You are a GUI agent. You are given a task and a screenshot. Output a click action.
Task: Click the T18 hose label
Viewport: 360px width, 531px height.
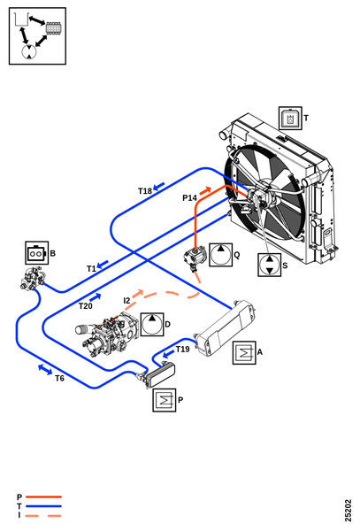[145, 191]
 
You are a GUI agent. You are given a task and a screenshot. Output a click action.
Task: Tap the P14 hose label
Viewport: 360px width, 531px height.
[189, 197]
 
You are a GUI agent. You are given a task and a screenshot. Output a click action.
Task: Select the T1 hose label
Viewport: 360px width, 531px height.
[91, 269]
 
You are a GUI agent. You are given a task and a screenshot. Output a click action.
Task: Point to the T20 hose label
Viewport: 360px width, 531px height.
[86, 306]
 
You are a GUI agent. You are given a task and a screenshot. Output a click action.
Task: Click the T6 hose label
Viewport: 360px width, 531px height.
[59, 378]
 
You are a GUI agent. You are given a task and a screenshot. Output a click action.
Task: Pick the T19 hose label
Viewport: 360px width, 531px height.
[183, 350]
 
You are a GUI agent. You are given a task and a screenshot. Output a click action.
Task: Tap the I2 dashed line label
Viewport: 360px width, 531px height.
[126, 300]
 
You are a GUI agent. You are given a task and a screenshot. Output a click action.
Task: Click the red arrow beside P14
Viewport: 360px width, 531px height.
[205, 190]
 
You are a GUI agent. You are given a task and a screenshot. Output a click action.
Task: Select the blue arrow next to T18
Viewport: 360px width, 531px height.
[158, 186]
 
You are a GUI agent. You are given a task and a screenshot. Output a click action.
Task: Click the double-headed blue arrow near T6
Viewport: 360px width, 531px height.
[45, 369]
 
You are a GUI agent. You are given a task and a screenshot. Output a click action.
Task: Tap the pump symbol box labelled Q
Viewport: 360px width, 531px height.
[220, 255]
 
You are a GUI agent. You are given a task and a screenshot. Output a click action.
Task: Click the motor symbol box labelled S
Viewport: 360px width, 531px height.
[269, 265]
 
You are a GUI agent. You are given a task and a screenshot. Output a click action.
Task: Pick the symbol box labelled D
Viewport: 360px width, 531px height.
[152, 325]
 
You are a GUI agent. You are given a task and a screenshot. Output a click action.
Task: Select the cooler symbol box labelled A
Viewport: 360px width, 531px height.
[244, 352]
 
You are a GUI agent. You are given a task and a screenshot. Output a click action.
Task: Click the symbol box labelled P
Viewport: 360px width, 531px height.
[165, 400]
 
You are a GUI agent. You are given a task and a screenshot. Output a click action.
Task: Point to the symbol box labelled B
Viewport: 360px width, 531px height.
[37, 253]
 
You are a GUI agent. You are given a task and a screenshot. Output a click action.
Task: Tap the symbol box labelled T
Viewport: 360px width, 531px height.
[290, 119]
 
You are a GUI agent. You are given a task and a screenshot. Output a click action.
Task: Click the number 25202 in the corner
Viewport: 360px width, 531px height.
[349, 511]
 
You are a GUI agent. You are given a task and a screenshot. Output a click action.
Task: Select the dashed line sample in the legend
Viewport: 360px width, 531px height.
[43, 516]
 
